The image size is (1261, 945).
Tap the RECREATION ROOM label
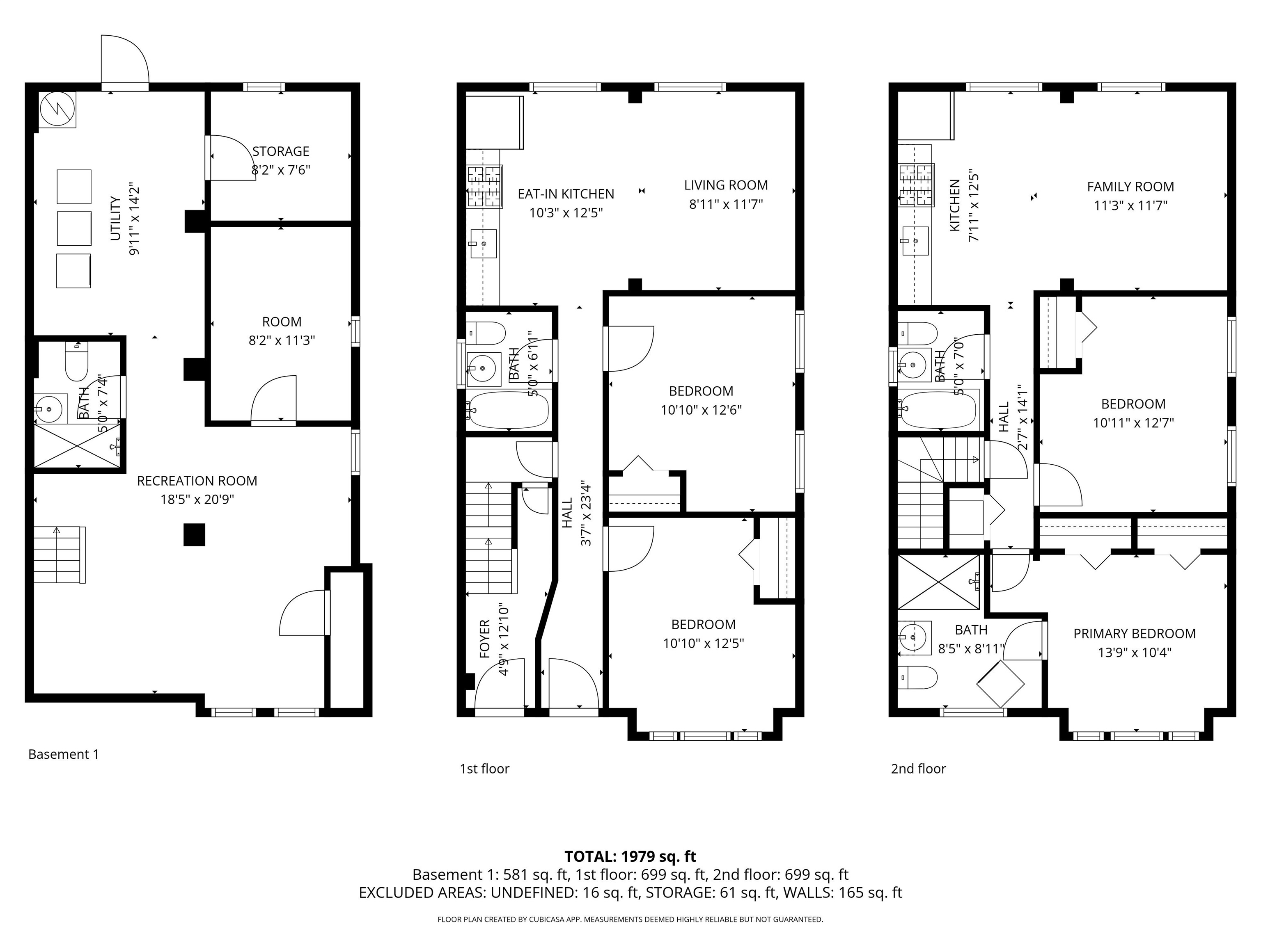[x=197, y=481]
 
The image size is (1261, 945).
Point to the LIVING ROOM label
[x=726, y=185]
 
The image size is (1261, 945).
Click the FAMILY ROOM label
[x=1130, y=187]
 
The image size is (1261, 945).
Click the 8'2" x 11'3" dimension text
[x=282, y=340]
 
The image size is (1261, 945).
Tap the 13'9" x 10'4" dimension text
[x=1135, y=652]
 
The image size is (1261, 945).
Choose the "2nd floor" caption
[x=918, y=769]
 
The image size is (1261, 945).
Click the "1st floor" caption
[x=484, y=769]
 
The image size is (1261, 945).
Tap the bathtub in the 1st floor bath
[x=507, y=410]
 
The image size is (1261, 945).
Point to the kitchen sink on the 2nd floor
[x=915, y=241]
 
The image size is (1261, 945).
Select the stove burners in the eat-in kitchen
[x=484, y=186]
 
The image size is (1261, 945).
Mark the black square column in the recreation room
[x=194, y=535]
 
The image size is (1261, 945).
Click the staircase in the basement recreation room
[x=59, y=555]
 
